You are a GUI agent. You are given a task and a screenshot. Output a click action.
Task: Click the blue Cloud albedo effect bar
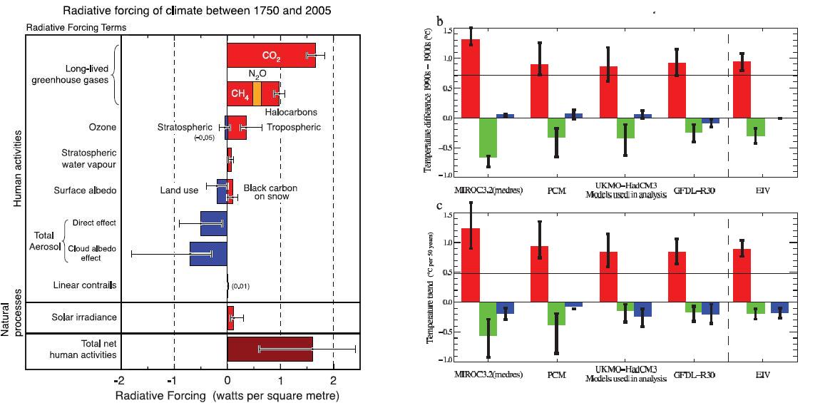point(208,254)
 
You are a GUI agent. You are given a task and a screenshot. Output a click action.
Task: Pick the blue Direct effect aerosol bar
point(213,223)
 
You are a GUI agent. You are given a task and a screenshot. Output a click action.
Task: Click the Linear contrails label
point(84,285)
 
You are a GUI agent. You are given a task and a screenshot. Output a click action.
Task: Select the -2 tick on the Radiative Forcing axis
point(121,380)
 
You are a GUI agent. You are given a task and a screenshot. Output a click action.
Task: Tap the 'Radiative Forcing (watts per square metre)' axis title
point(227,394)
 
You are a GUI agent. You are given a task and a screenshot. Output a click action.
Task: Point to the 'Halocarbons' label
point(290,112)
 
